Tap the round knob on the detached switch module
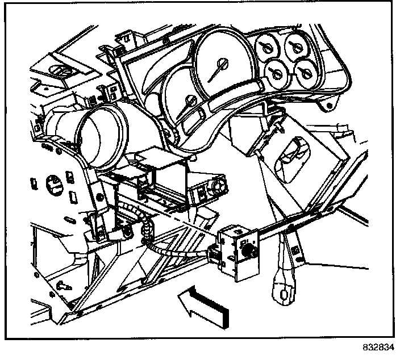[x=247, y=249]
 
